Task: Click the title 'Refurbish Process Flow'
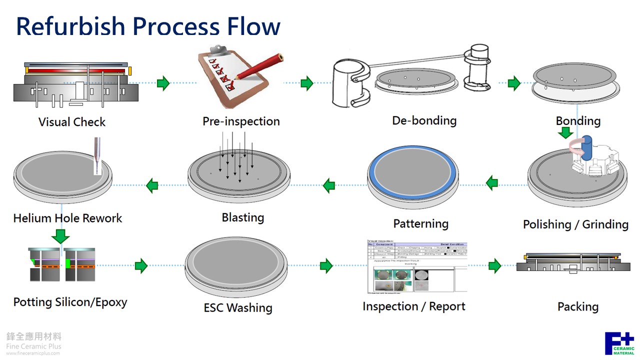click(148, 26)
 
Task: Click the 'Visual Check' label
click(72, 122)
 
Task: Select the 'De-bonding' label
click(424, 120)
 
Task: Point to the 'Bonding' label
click(578, 121)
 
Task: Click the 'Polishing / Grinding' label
click(575, 224)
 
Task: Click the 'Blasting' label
click(242, 217)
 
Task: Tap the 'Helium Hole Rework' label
click(67, 218)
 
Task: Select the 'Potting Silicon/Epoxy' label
click(70, 302)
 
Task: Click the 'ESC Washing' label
click(237, 307)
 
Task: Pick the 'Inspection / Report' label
click(414, 306)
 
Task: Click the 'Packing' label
click(578, 306)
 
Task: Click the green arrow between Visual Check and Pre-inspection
click(163, 83)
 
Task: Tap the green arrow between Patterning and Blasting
click(328, 186)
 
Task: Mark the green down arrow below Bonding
click(565, 133)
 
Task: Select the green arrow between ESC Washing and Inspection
click(326, 265)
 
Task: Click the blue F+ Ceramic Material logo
click(619, 343)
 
